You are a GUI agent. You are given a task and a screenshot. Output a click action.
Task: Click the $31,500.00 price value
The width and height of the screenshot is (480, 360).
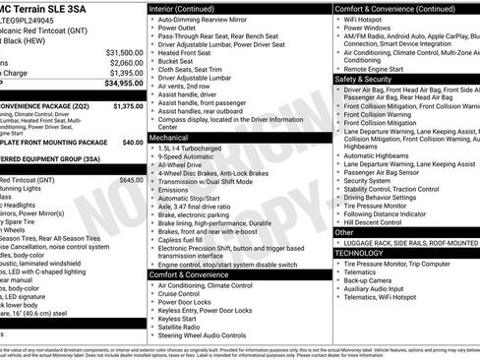coord(125,51)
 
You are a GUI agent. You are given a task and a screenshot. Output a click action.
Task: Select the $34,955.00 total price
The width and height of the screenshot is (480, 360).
coord(125,85)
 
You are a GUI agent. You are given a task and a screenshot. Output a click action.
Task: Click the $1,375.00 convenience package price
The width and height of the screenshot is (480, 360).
coord(129,105)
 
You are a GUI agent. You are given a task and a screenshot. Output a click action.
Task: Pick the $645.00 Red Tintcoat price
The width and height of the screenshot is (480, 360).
coord(131,181)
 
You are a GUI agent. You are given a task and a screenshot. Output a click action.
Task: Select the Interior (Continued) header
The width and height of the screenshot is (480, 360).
coord(189,9)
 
